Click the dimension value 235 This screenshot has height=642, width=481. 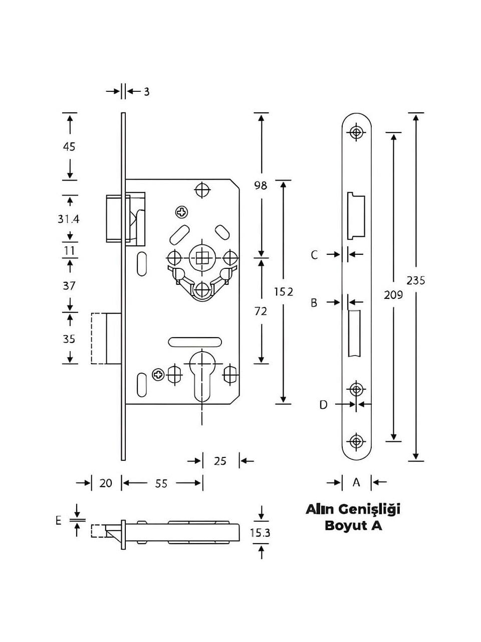pyautogui.click(x=416, y=281)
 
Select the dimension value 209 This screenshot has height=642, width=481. pyautogui.click(x=393, y=295)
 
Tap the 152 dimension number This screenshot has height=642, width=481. pyautogui.click(x=283, y=291)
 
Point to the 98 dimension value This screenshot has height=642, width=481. pyautogui.click(x=261, y=185)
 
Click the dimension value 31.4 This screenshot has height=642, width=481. pyautogui.click(x=68, y=219)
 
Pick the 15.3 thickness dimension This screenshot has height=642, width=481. pyautogui.click(x=260, y=533)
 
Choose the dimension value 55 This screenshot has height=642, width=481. pyautogui.click(x=161, y=484)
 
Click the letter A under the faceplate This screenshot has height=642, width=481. pyautogui.click(x=356, y=481)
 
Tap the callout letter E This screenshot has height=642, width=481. pyautogui.click(x=59, y=521)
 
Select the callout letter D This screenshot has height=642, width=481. pyautogui.click(x=323, y=405)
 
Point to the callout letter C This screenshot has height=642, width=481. pyautogui.click(x=314, y=255)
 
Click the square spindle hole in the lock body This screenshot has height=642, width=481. pyautogui.click(x=202, y=258)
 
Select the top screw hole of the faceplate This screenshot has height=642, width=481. pyautogui.click(x=356, y=132)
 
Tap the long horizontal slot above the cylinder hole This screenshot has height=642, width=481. pyautogui.click(x=195, y=342)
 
